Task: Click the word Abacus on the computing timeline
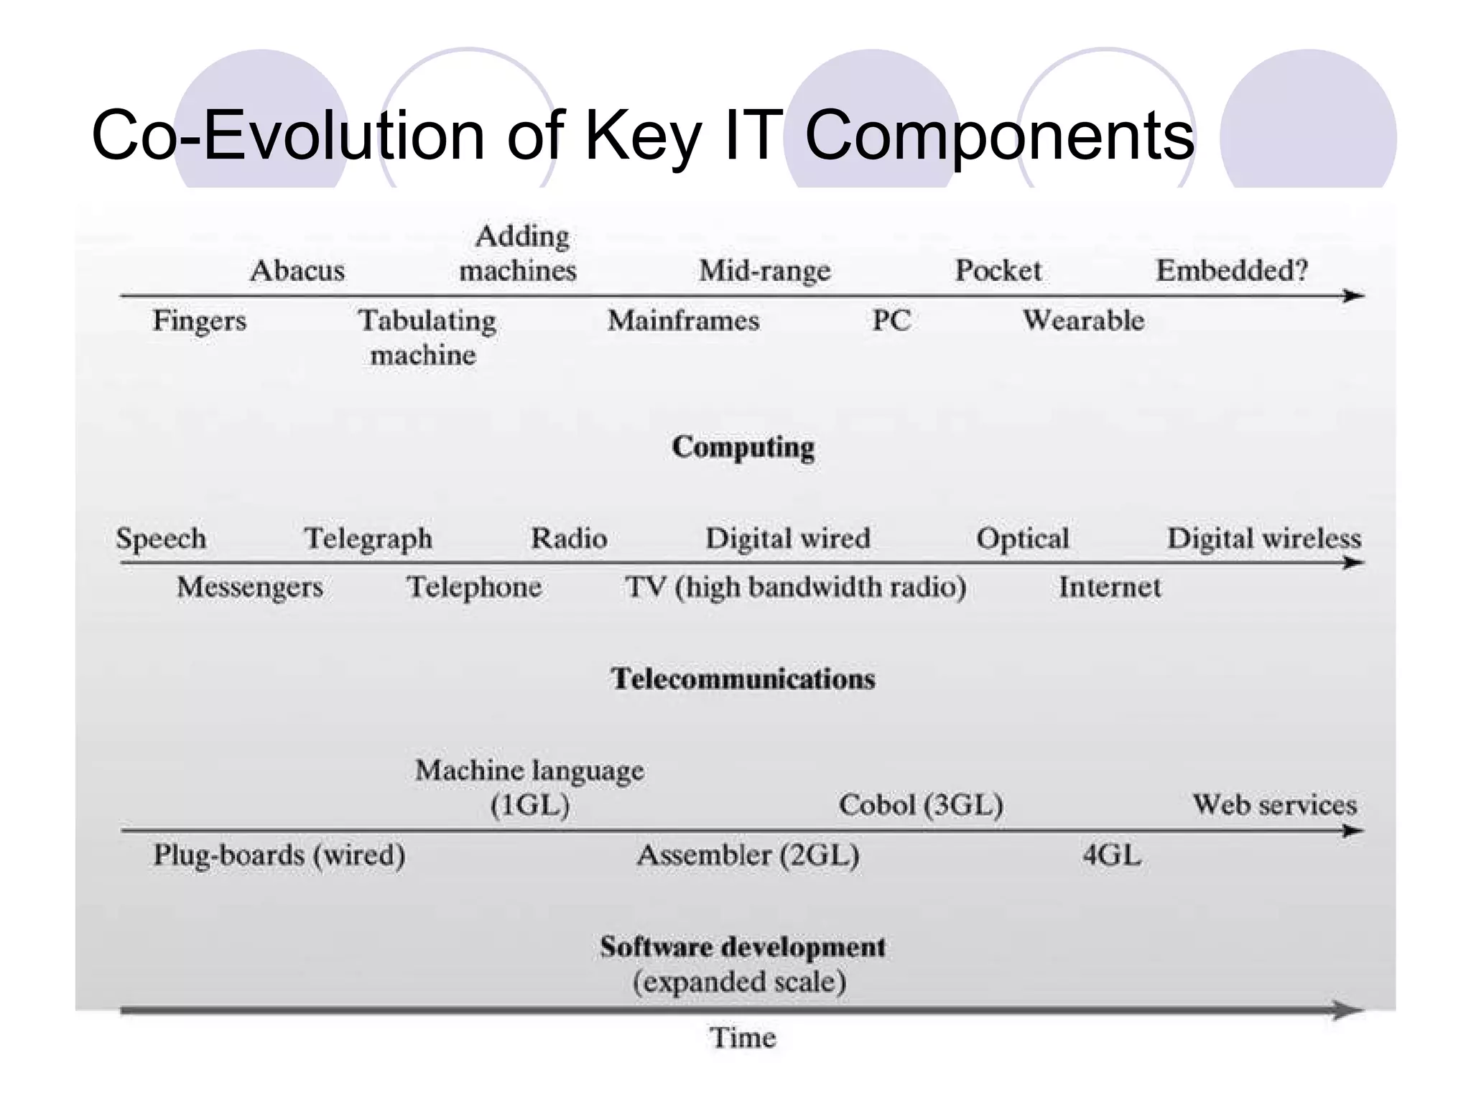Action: click(297, 271)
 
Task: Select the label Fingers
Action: click(199, 320)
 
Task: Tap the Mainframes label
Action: click(683, 320)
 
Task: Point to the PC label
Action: click(891, 320)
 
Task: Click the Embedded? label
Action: click(1232, 271)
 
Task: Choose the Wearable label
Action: click(1083, 320)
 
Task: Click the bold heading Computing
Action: click(743, 447)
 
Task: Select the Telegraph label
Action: click(368, 539)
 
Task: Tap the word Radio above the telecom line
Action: click(569, 539)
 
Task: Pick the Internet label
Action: click(1109, 587)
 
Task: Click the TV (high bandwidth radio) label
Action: click(795, 587)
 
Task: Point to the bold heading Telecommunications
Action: click(743, 679)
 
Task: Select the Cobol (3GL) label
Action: click(921, 805)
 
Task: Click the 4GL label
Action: click(1111, 855)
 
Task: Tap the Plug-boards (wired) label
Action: click(279, 855)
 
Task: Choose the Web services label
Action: click(1275, 805)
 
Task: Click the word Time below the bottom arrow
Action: click(743, 1038)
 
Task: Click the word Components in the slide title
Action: click(999, 136)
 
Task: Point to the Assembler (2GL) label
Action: click(748, 855)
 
